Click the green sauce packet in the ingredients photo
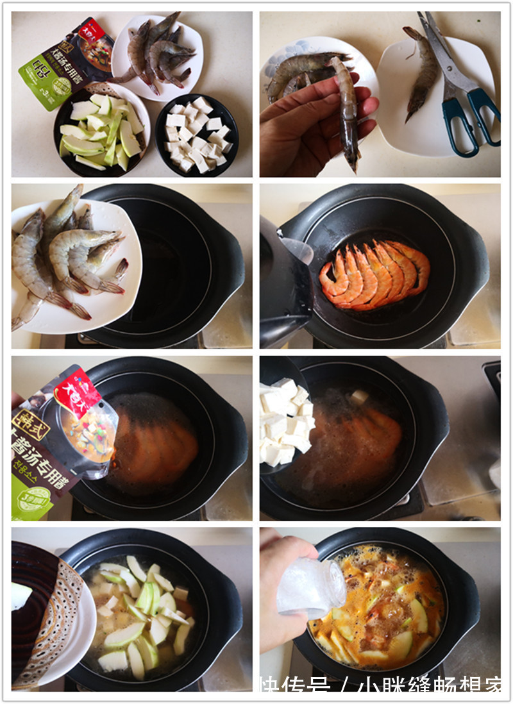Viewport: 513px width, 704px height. coord(64,61)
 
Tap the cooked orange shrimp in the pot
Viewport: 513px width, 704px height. coord(375,276)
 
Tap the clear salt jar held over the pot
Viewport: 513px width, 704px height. coord(314,587)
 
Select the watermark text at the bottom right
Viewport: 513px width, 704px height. coord(381,685)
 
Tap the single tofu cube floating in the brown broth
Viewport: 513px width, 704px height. coord(358,397)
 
